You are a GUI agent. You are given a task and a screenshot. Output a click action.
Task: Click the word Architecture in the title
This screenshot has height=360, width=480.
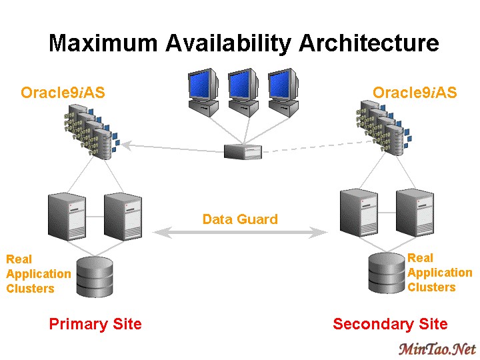coord(369,44)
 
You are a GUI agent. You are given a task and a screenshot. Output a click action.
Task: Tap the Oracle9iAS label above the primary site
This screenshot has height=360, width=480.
coord(63,93)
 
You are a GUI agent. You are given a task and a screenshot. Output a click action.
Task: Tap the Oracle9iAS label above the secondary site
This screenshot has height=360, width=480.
coord(415,93)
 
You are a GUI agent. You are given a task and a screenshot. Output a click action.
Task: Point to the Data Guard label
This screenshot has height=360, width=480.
coord(240,219)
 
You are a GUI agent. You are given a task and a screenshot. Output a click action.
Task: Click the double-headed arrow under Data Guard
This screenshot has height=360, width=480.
coord(240,233)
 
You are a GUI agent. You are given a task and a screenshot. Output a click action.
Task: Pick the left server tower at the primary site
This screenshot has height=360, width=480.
coord(68,215)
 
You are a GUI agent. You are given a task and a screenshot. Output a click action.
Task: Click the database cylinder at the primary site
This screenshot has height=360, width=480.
coord(94,275)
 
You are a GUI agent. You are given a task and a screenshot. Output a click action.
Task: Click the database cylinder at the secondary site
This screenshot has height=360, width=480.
coord(387,273)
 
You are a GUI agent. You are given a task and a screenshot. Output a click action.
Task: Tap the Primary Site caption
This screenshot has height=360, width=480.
coord(95,325)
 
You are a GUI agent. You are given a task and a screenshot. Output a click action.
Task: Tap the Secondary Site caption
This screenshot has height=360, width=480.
coord(390,325)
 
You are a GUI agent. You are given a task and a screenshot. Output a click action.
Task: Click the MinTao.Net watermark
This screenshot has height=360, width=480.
coord(437,349)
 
